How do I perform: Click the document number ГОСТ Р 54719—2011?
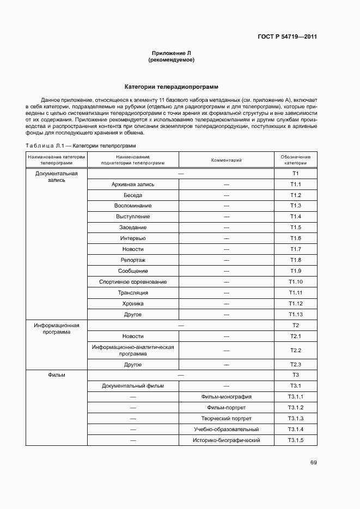287,37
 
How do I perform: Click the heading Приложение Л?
171,53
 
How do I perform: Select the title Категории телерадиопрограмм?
171,87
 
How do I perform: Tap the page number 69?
313,463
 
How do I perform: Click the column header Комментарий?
226,160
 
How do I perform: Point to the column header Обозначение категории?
295,160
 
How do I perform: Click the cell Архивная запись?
132,185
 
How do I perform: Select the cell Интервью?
132,238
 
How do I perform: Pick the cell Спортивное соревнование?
132,282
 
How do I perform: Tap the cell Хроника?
132,304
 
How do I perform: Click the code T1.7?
295,249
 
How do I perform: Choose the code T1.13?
295,315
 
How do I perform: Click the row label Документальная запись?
56,177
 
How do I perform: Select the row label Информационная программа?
56,328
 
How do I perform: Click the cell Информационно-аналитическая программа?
132,350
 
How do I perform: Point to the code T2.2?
295,351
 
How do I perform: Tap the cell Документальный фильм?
132,386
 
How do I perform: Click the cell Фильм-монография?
226,397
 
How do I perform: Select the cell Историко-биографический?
226,440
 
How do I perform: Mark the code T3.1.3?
295,419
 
